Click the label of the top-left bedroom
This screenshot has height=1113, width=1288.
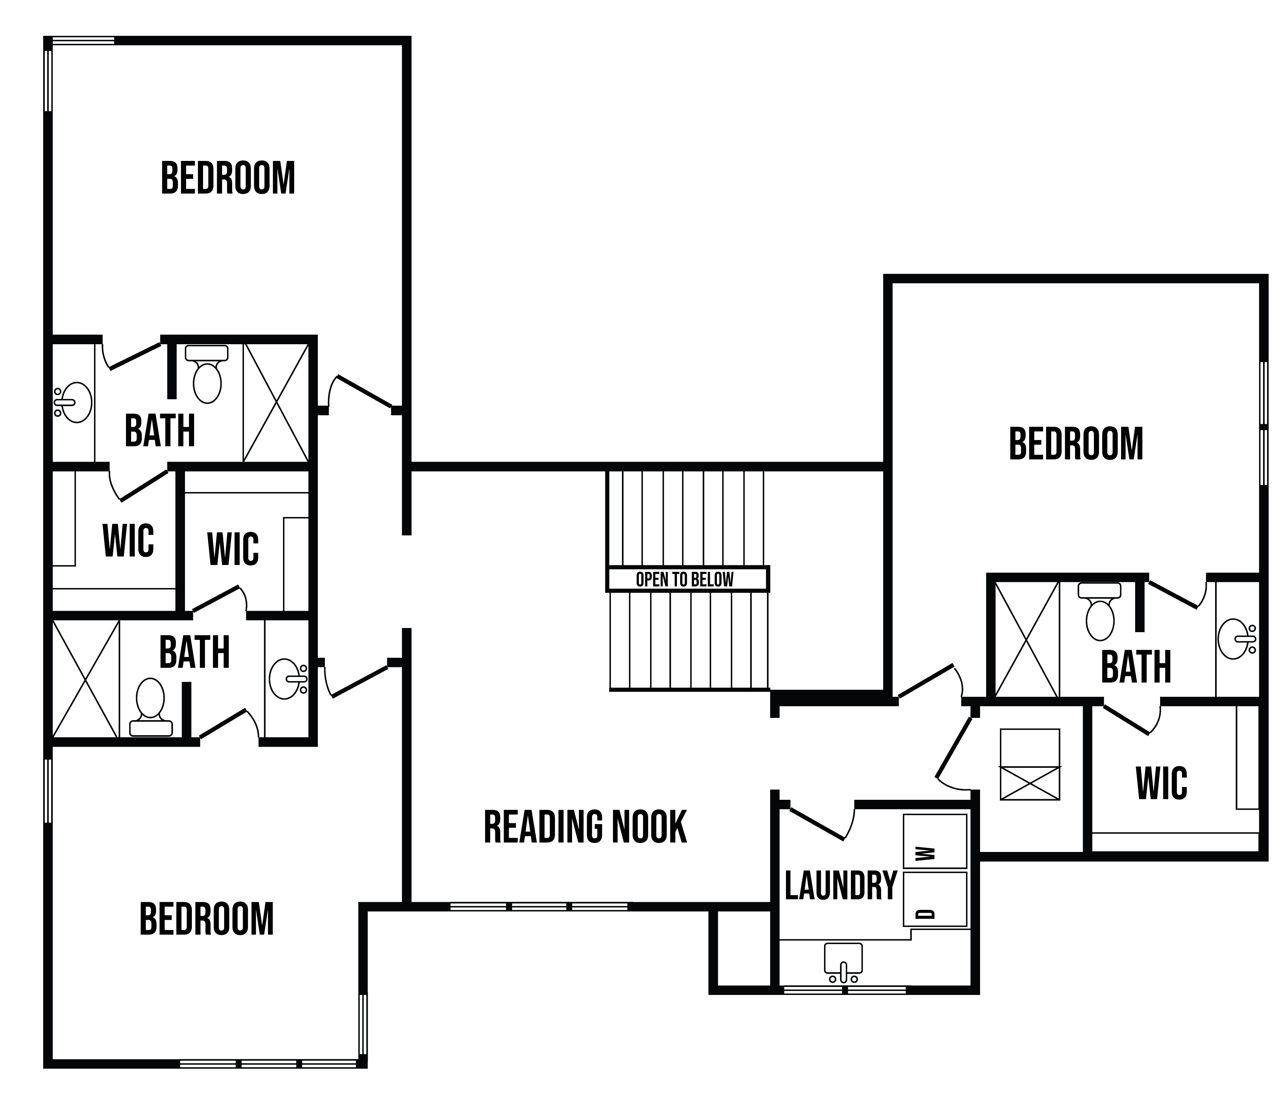228,179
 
